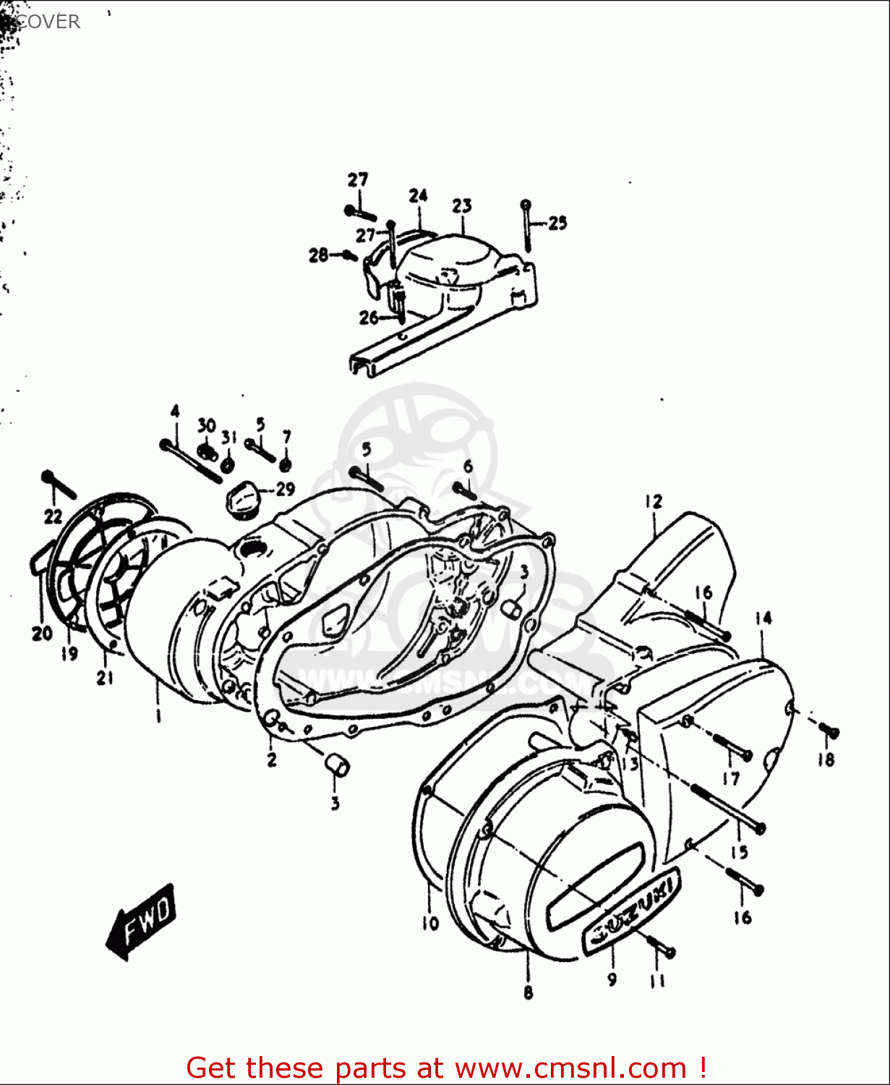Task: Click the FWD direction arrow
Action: [x=142, y=922]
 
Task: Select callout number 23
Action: [x=462, y=206]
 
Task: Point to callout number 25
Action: [x=557, y=223]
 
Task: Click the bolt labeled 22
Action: [x=59, y=485]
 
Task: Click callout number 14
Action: [x=763, y=618]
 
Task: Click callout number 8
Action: [x=528, y=992]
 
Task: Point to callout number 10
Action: [x=430, y=923]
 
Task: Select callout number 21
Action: [x=106, y=678]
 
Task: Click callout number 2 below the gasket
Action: [x=272, y=759]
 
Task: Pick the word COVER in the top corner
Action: [x=48, y=22]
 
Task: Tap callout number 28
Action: [x=318, y=255]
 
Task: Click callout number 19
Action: [x=69, y=654]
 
